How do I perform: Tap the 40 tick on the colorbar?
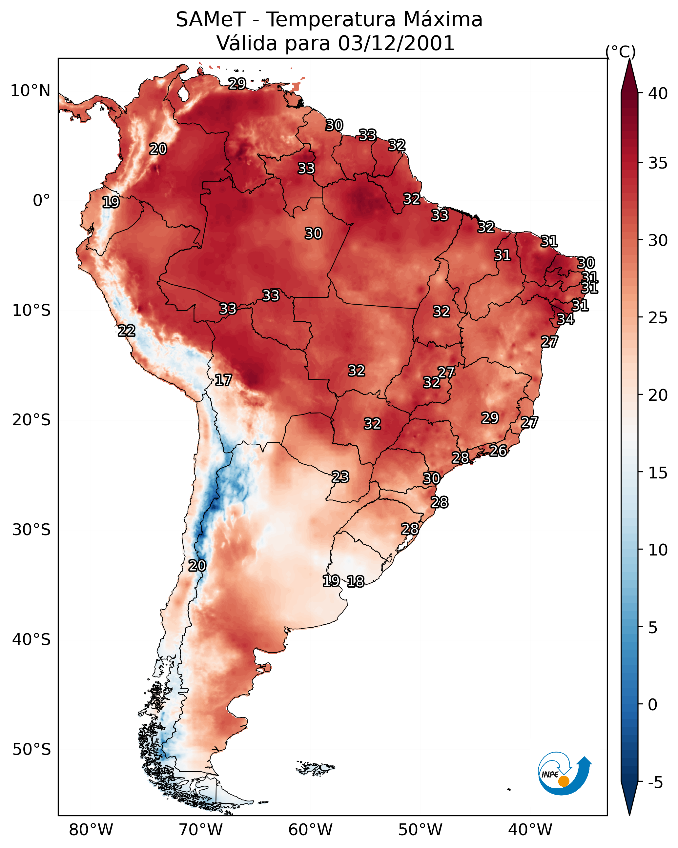658,93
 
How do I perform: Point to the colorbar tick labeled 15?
658,473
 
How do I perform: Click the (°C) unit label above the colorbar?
620,51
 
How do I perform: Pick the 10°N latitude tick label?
30,91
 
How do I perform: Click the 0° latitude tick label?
41,201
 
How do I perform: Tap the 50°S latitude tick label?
31,750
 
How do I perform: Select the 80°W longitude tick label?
91,830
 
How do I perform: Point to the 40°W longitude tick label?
530,830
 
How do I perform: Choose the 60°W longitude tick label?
311,830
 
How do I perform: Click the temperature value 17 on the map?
223,380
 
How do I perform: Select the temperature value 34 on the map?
565,319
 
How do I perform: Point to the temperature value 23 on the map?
340,477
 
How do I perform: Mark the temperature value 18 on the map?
355,581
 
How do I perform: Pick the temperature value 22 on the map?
126,331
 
